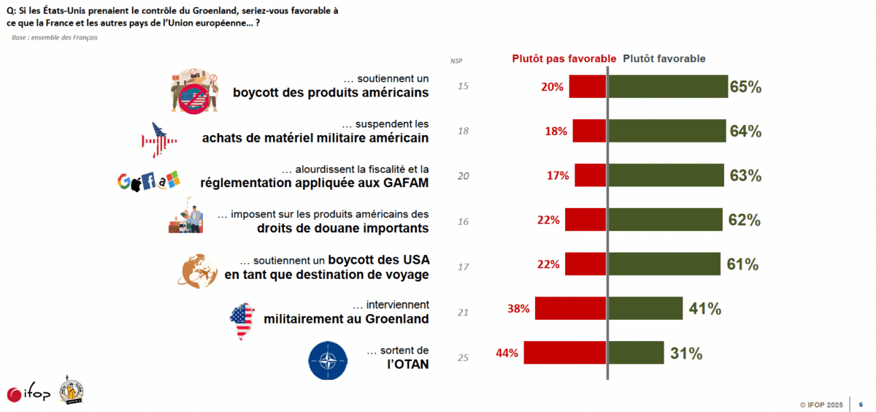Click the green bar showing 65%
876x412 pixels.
[668, 87]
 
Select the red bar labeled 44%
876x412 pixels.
[564, 353]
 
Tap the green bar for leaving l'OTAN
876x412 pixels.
[637, 353]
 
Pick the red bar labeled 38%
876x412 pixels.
[570, 308]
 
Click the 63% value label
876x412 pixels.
[745, 176]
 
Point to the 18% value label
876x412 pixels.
[557, 131]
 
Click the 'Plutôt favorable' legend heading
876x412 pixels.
[664, 59]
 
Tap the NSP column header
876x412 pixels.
[456, 60]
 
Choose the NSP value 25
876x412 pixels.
[463, 357]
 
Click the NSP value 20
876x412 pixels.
[463, 176]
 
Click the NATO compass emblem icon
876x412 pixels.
[329, 360]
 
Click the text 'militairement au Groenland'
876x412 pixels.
[345, 318]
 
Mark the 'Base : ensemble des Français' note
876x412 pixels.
[55, 37]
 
